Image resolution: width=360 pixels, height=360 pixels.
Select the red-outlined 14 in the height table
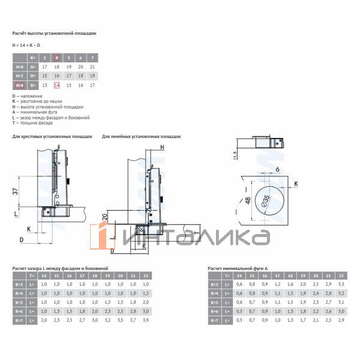(57, 86)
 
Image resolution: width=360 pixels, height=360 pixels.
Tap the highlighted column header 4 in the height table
(57, 58)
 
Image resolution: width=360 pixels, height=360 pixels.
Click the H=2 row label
(19, 76)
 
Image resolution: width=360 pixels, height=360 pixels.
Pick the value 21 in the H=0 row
(92, 67)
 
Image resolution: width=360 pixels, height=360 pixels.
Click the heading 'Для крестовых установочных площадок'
(52, 137)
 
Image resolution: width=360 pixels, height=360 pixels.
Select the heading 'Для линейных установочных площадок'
(142, 137)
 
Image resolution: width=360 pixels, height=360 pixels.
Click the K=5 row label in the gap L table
(19, 302)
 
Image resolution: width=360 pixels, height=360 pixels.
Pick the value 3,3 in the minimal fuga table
(341, 284)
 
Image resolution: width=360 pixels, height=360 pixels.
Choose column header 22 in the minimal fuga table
(341, 275)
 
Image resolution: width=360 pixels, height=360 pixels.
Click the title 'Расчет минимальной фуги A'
(238, 268)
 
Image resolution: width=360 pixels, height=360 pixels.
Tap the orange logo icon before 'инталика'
(103, 236)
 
